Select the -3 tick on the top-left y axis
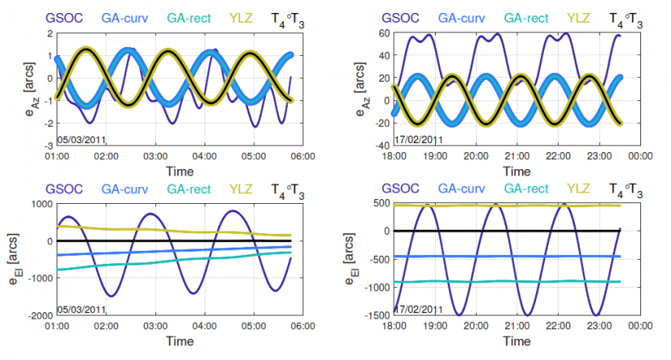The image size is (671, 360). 48,145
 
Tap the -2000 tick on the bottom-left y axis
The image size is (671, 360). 38,316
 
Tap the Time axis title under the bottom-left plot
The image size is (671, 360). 179,341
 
